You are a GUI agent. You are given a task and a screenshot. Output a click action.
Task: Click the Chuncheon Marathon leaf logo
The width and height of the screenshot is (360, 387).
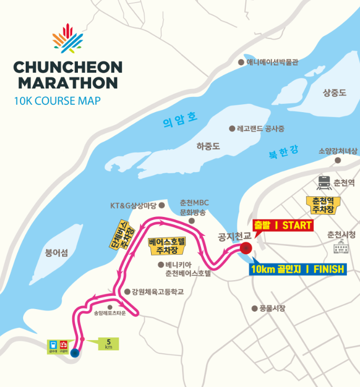pyautogui.click(x=68, y=38)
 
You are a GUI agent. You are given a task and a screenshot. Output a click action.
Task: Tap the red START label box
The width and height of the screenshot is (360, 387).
pyautogui.click(x=283, y=226)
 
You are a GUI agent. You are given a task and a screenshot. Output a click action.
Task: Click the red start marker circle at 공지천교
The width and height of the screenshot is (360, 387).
pyautogui.click(x=245, y=248)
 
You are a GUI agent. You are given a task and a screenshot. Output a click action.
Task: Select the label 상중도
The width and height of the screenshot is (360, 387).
pyautogui.click(x=334, y=93)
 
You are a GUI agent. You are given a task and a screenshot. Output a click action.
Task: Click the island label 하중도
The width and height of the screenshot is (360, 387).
pyautogui.click(x=207, y=147)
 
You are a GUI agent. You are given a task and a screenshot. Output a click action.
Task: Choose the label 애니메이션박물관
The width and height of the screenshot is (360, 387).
pyautogui.click(x=272, y=62)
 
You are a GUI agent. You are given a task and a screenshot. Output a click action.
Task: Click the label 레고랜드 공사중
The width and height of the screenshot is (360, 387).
pyautogui.click(x=260, y=128)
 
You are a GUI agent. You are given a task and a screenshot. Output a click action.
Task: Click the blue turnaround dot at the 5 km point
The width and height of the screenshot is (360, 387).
pyautogui.click(x=75, y=353)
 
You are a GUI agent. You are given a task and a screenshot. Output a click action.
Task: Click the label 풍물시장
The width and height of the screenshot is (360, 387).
pyautogui.click(x=272, y=309)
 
